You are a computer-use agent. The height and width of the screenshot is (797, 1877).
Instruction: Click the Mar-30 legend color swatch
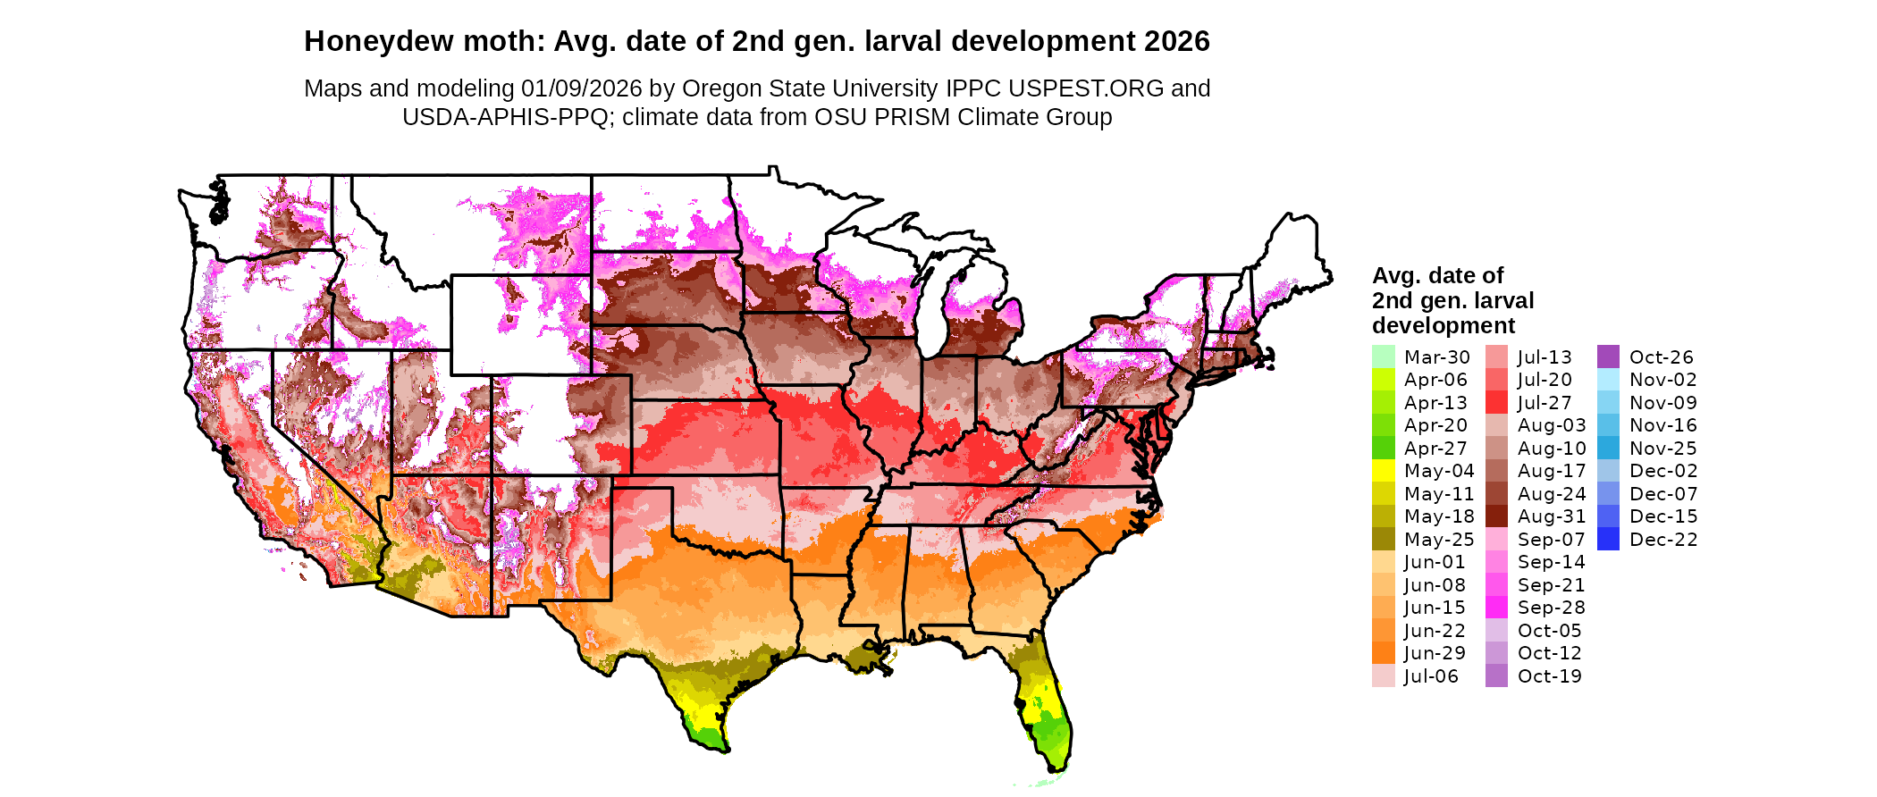[1383, 357]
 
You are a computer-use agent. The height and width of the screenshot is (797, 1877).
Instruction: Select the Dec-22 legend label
[1662, 540]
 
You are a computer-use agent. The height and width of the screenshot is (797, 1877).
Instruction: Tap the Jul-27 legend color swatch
[1496, 403]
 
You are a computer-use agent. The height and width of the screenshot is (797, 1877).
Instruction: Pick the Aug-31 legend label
[1551, 516]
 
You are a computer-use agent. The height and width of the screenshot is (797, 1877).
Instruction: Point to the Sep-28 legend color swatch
[1496, 608]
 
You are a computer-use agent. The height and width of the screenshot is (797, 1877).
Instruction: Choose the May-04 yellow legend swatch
[1383, 471]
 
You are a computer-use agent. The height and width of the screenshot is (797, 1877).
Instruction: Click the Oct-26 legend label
[1661, 357]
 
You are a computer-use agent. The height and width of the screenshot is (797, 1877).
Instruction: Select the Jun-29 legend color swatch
[1383, 653]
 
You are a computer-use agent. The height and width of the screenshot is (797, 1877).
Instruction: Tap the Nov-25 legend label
[1662, 449]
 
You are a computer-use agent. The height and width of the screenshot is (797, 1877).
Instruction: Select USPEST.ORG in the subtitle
[1086, 89]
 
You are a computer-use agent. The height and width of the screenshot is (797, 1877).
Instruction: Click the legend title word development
[1444, 326]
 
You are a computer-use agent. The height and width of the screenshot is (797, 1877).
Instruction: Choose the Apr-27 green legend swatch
[1383, 449]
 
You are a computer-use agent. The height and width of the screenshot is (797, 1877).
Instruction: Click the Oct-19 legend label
[1549, 676]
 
